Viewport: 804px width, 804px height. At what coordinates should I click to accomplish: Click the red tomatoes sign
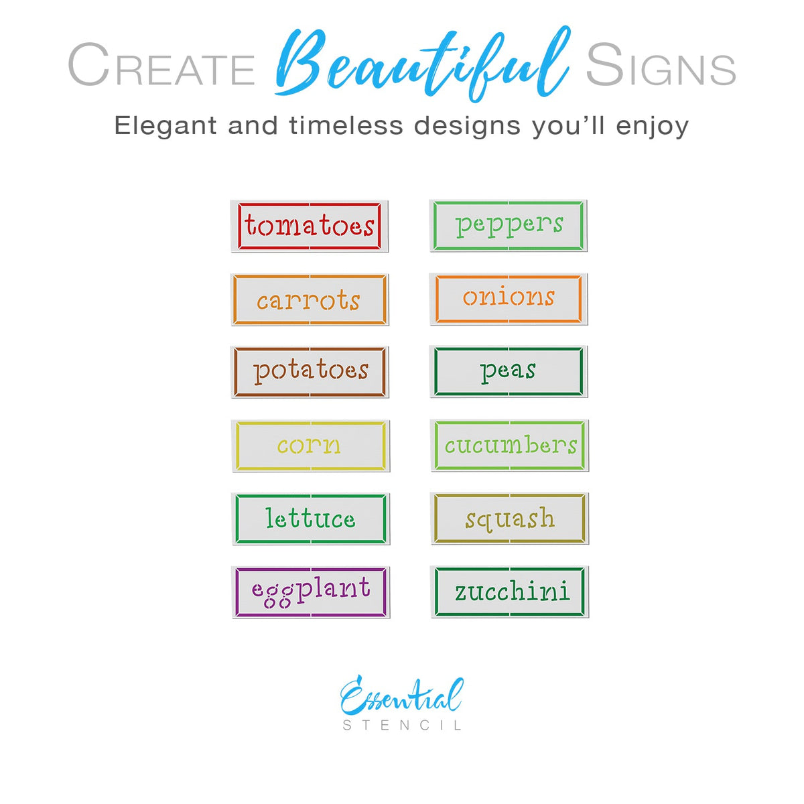point(309,226)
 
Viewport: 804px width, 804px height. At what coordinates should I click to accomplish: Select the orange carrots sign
point(309,299)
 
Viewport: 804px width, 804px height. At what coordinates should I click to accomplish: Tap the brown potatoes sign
point(310,372)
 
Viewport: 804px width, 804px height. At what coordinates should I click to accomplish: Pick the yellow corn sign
point(310,446)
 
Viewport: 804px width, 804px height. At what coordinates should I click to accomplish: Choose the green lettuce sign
point(310,519)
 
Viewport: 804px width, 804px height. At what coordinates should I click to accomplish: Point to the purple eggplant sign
point(310,592)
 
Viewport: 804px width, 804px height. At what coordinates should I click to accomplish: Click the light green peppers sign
point(509,226)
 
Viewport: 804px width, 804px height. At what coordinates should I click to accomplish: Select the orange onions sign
point(509,298)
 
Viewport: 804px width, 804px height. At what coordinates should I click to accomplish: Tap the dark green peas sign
point(509,371)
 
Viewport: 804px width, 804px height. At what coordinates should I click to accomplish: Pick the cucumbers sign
point(510,445)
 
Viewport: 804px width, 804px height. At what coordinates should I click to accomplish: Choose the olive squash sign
point(510,518)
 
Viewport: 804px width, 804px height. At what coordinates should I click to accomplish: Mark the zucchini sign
point(510,591)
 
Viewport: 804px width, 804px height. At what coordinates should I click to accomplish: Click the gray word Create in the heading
point(161,66)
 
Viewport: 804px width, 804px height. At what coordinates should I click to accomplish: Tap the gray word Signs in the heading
point(661,66)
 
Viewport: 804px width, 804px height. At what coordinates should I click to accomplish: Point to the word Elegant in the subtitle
point(165,125)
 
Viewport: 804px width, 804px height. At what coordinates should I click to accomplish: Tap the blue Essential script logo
point(401,697)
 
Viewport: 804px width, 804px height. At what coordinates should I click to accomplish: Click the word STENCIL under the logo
point(402,726)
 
